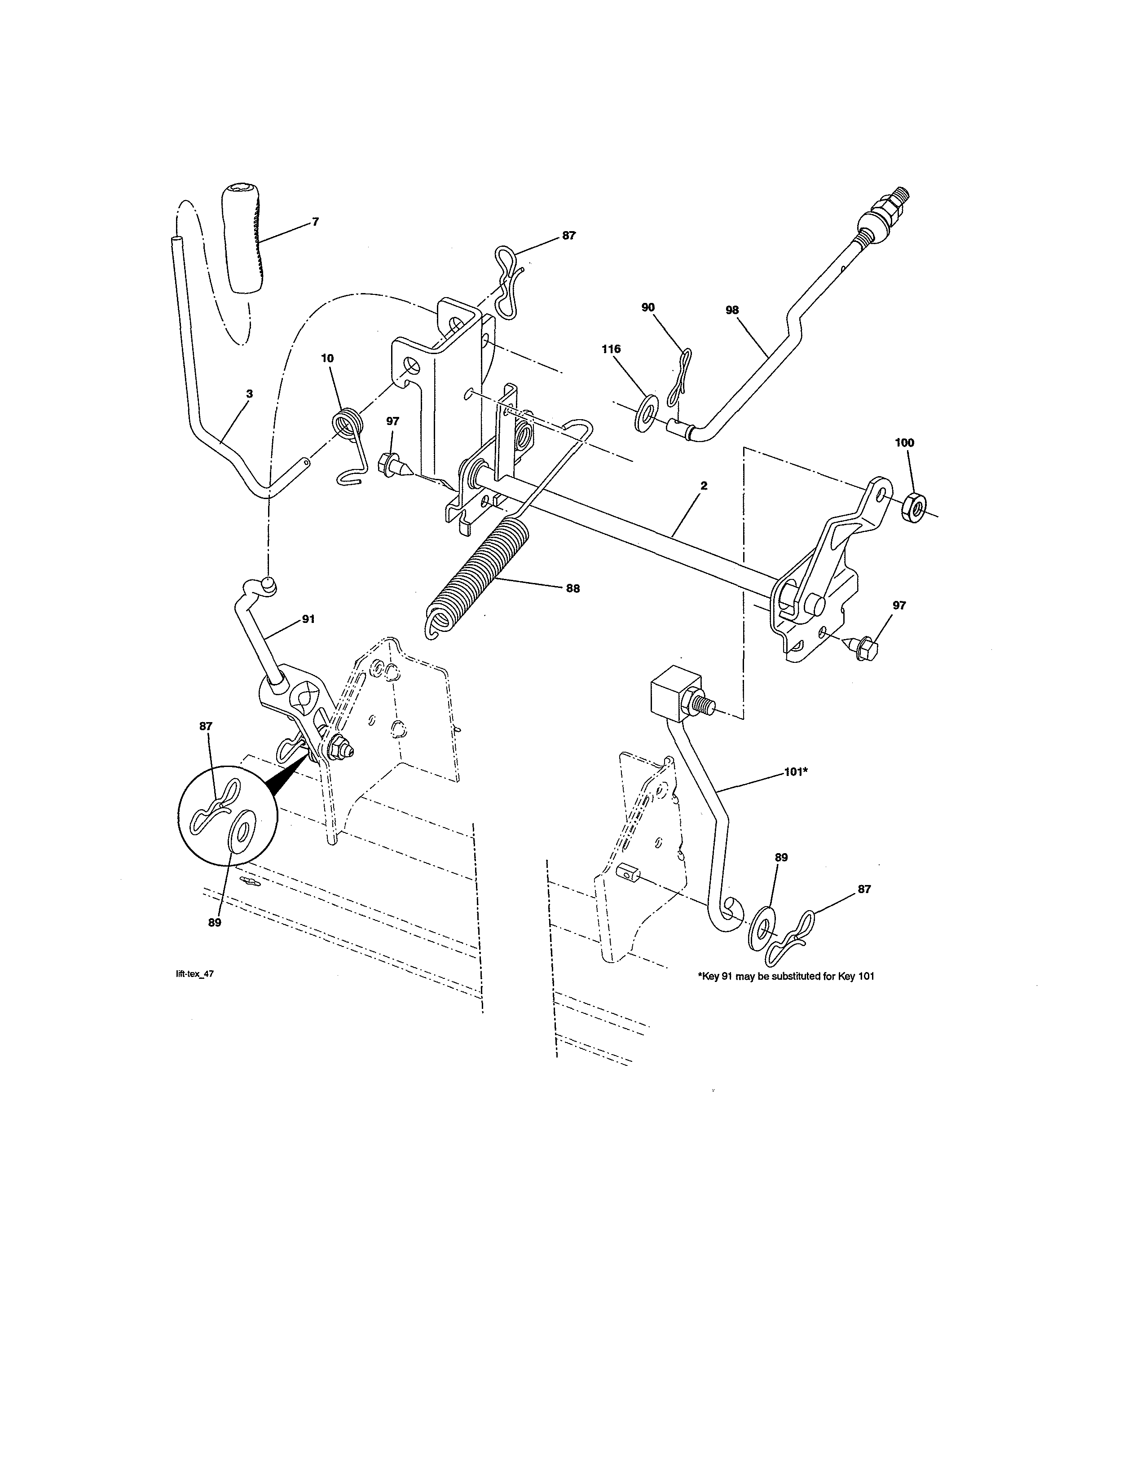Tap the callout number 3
click(x=250, y=393)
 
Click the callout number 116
click(x=611, y=349)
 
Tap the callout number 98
click(x=732, y=310)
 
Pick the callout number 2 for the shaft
click(x=704, y=486)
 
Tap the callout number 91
click(x=308, y=619)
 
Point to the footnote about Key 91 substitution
click(x=786, y=977)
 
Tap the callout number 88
click(x=573, y=589)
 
